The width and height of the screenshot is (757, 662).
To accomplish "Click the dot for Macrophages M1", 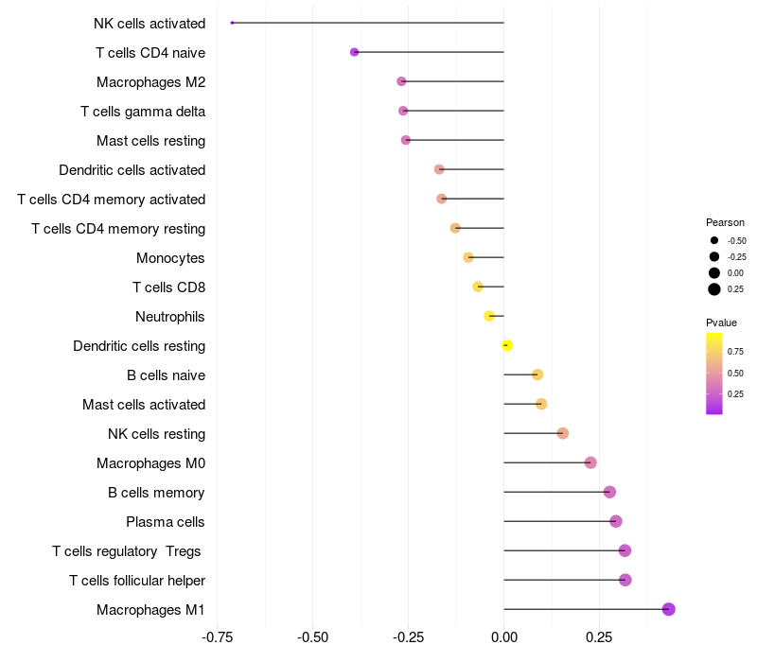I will coord(668,609).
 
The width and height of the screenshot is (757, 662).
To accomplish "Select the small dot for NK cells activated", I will coord(232,23).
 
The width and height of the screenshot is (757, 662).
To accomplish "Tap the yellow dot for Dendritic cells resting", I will coord(507,345).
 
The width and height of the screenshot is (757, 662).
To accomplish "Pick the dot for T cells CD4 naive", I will coord(354,52).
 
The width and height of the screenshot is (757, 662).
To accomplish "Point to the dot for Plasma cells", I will coord(616,521).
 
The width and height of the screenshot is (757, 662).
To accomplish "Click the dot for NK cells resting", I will coord(563,433).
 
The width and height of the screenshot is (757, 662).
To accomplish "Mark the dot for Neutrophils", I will coord(489,316).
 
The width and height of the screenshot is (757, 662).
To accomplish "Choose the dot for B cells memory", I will coord(609,492).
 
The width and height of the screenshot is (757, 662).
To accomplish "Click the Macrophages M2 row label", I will coord(150,82).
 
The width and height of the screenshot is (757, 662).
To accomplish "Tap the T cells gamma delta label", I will coord(143,112).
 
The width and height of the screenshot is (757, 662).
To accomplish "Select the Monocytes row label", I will coord(170,258).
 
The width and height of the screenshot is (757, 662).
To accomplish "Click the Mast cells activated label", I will coord(144,405).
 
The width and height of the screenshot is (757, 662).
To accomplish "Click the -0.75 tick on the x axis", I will coord(218,637).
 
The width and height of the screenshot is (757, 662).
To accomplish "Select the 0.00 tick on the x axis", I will coord(503,637).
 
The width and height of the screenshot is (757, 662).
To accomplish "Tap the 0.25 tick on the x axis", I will coord(599,637).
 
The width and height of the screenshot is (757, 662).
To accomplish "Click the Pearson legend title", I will coord(725,222).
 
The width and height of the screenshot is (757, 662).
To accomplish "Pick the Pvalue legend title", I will coord(721,322).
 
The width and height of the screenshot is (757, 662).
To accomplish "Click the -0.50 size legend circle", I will coord(714,240).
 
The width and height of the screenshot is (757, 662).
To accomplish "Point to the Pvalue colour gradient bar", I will coord(714,373).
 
